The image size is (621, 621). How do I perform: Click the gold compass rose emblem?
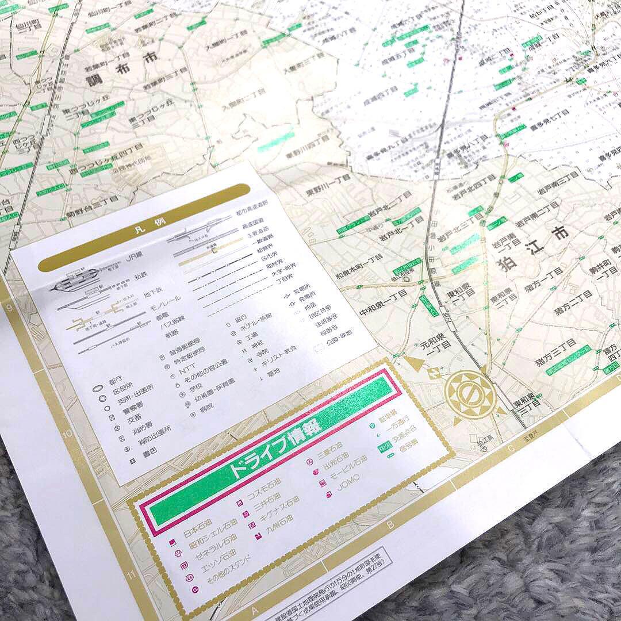point(471,395)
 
